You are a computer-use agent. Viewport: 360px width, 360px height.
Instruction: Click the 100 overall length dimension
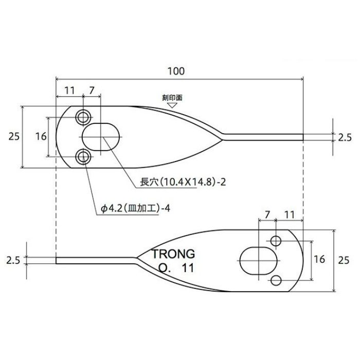176,71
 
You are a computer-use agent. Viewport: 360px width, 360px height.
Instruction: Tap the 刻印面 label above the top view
172,98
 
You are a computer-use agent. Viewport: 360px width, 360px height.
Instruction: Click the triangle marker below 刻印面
172,105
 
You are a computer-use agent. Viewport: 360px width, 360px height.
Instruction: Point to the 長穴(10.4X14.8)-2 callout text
183,182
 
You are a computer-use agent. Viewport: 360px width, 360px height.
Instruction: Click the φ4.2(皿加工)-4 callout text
135,208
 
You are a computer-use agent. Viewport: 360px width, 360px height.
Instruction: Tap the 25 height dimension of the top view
14,137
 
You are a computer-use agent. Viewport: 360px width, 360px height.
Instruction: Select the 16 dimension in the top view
41,137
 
